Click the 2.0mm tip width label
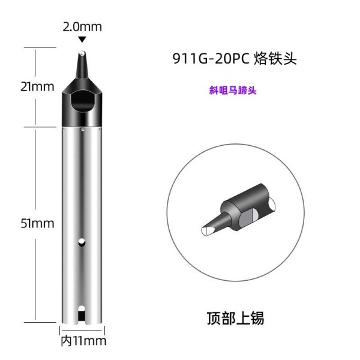(82, 27)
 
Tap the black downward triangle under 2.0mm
(82, 39)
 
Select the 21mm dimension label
(37, 87)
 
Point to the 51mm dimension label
(37, 223)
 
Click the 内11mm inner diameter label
(83, 341)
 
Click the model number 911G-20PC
(211, 59)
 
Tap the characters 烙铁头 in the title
(275, 58)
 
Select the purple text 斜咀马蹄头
(233, 90)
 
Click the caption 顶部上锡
(236, 318)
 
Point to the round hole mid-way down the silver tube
(82, 242)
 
